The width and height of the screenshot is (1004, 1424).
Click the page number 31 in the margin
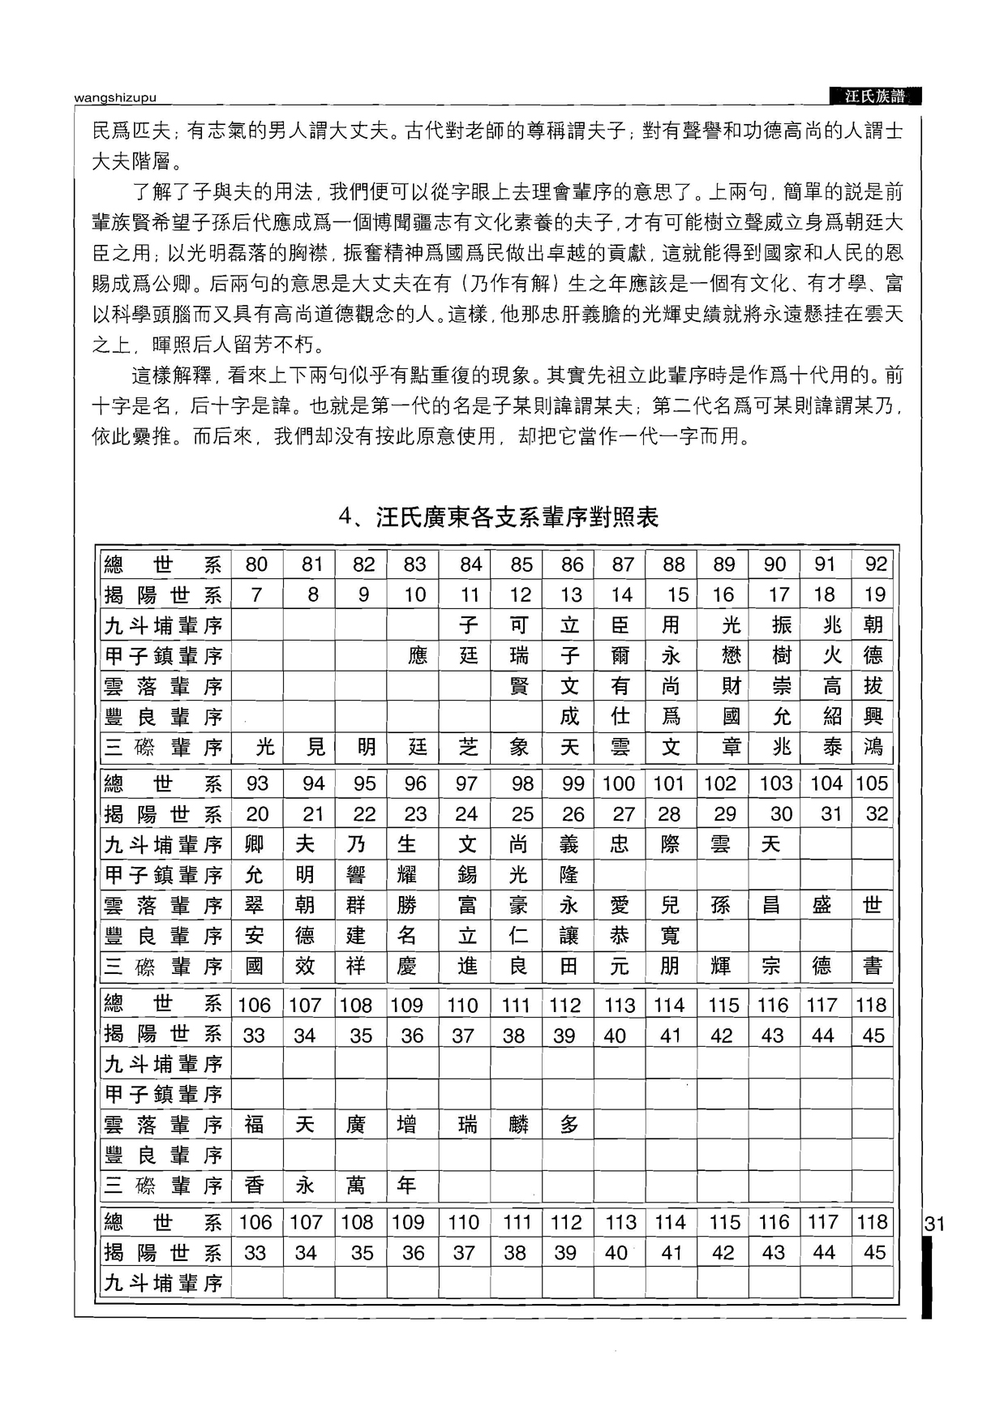(934, 1224)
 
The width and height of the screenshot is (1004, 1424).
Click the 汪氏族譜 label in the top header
(874, 97)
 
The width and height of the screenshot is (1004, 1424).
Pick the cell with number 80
(256, 564)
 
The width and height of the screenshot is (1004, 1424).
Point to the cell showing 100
(619, 784)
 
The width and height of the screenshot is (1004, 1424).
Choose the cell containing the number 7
(256, 595)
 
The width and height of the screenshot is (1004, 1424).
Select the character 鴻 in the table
(873, 747)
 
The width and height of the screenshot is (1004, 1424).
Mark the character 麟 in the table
(518, 1125)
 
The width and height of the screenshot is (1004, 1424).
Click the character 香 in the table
(254, 1186)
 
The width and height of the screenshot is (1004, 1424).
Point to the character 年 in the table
(406, 1186)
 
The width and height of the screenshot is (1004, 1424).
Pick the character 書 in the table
(873, 967)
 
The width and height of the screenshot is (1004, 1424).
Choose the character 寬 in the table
(670, 936)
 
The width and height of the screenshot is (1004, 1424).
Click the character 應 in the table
(417, 655)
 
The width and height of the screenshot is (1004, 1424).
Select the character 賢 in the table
(519, 686)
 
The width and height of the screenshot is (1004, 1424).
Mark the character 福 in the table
(254, 1125)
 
